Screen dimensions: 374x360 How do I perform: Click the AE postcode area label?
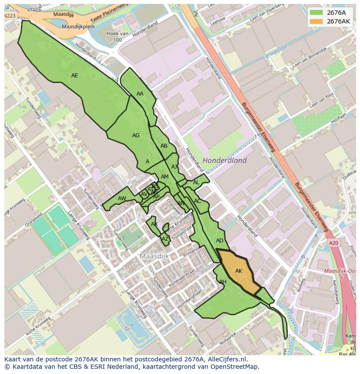pyautogui.click(x=74, y=76)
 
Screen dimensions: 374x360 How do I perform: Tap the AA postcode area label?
pyautogui.click(x=140, y=94)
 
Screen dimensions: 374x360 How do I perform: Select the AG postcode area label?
pyautogui.click(x=136, y=136)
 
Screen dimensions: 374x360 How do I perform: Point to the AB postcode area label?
pyautogui.click(x=164, y=146)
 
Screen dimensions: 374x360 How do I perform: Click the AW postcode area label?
pyautogui.click(x=122, y=199)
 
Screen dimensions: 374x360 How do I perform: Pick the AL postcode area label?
pyautogui.click(x=196, y=182)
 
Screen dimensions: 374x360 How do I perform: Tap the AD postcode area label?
pyautogui.click(x=220, y=241)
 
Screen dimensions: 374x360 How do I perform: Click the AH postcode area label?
pyautogui.click(x=223, y=282)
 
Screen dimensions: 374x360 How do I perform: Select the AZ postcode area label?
pyautogui.click(x=165, y=239)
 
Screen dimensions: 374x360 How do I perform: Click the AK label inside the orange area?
pyautogui.click(x=239, y=271)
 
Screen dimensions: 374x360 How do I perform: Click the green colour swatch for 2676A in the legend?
pyautogui.click(x=316, y=13)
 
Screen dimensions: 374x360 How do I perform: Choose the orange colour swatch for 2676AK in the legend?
pyautogui.click(x=316, y=21)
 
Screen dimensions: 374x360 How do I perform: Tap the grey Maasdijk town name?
pyautogui.click(x=154, y=256)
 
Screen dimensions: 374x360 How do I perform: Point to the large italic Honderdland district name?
pyautogui.click(x=224, y=160)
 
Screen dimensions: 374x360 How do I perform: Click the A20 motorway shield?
pyautogui.click(x=333, y=243)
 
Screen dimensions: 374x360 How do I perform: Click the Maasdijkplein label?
pyautogui.click(x=78, y=26)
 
